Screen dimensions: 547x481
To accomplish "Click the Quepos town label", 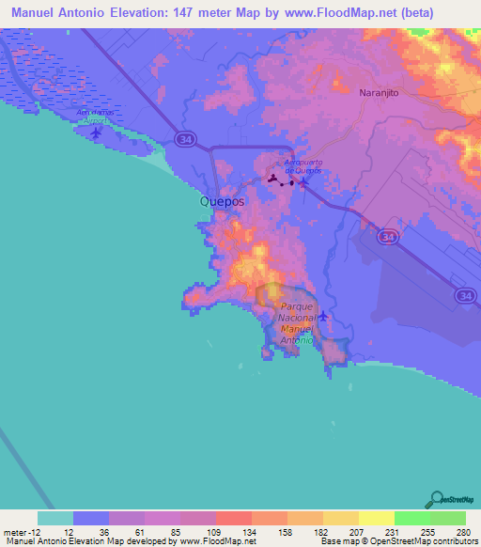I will click(222, 202).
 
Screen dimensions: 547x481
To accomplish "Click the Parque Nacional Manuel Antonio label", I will click(296, 324).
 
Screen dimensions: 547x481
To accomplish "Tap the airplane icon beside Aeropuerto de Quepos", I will click(303, 183).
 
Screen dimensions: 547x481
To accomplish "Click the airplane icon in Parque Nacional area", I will click(323, 316).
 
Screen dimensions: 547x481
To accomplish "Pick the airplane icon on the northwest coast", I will click(98, 132).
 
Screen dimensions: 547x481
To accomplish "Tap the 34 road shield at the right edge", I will click(466, 297).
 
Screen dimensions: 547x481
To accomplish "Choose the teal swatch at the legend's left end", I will click(55, 518).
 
